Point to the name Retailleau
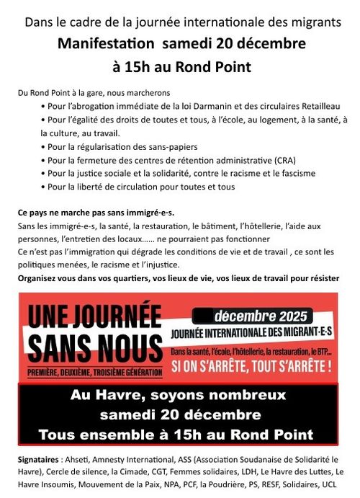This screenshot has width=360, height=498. [x=321, y=107]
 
